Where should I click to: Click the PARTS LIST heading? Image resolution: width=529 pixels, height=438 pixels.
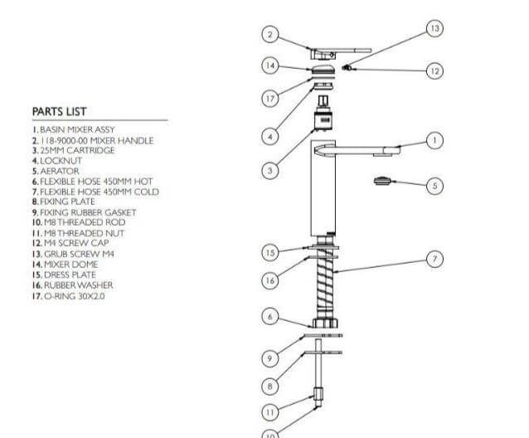[x=59, y=111]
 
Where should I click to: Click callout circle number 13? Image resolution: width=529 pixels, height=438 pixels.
[x=434, y=29]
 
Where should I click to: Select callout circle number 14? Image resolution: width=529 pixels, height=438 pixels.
[x=269, y=65]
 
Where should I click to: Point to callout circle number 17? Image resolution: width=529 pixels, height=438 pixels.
[x=269, y=98]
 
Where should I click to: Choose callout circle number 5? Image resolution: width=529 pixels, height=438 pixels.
[x=434, y=185]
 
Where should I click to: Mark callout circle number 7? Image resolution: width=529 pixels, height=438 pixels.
[x=434, y=259]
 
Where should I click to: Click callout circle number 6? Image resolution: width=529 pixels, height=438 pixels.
[x=269, y=316]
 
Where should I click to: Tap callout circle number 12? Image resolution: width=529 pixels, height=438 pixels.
[x=434, y=71]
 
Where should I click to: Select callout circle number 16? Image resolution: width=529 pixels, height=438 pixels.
[x=269, y=280]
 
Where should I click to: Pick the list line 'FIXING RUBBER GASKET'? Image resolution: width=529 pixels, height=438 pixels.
[x=83, y=212]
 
